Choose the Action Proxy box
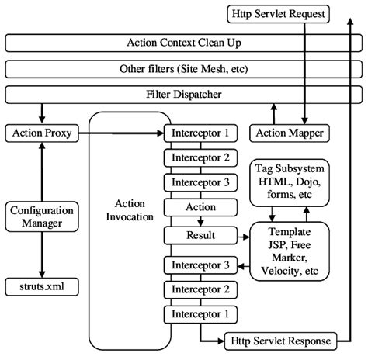(x=42, y=133)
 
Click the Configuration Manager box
(x=42, y=217)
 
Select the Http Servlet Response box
(x=279, y=341)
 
